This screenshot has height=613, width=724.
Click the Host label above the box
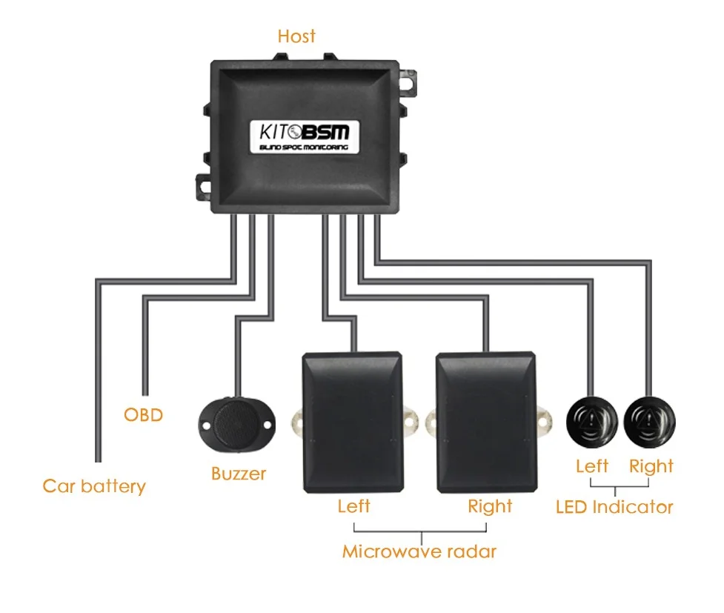pyautogui.click(x=296, y=36)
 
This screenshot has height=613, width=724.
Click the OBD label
pyautogui.click(x=143, y=414)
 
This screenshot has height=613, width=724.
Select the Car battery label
pyautogui.click(x=94, y=486)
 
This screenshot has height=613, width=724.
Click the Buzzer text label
pyautogui.click(x=239, y=474)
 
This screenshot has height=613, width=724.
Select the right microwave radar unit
pyautogui.click(x=485, y=422)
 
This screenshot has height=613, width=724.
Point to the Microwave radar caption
pyautogui.click(x=419, y=551)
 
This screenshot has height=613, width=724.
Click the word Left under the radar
pyautogui.click(x=353, y=506)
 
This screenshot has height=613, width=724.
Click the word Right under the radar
pyautogui.click(x=490, y=506)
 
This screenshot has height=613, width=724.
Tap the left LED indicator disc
pyautogui.click(x=592, y=422)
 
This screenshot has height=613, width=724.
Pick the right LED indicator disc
pyautogui.click(x=650, y=422)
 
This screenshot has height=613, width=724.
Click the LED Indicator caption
pyautogui.click(x=614, y=507)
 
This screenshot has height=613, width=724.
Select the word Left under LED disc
pyautogui.click(x=592, y=466)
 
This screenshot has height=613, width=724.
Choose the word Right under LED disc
pyautogui.click(x=651, y=466)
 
